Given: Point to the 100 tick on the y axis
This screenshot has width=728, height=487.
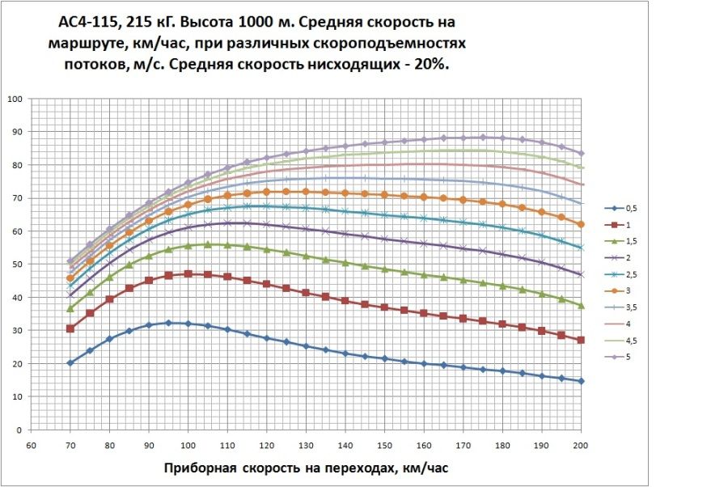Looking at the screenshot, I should tap(14, 100).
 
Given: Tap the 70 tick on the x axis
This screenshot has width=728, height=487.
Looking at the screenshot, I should tap(70, 446).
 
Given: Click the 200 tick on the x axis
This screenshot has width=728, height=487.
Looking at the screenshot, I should tap(581, 446).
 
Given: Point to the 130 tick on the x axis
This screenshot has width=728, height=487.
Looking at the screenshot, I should tap(306, 446).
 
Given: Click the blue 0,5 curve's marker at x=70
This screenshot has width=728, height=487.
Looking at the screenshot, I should tap(70, 362).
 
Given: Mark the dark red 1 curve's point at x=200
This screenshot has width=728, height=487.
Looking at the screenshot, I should tap(581, 340).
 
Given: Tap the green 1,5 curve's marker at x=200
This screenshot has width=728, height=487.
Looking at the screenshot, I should tap(581, 305).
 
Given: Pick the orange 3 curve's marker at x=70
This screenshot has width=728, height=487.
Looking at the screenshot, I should tap(70, 278).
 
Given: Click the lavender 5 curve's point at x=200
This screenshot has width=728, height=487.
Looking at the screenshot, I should tap(581, 153).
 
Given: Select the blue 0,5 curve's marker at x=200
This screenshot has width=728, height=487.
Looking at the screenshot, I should tap(581, 381).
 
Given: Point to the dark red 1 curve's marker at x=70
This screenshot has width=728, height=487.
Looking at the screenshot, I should tap(70, 328).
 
